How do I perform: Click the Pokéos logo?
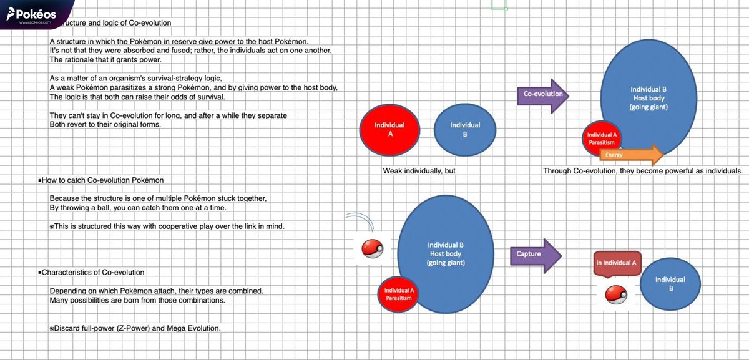[31, 15]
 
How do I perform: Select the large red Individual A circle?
[389, 130]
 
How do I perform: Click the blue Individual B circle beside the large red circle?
[465, 130]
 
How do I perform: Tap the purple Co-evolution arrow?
[543, 96]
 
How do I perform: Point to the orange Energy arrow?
[631, 155]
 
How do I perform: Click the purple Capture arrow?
[536, 256]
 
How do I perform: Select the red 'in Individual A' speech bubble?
[617, 264]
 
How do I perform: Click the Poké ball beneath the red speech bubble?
[616, 294]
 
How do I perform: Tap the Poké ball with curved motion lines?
[372, 248]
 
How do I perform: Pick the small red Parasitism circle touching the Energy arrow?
[601, 139]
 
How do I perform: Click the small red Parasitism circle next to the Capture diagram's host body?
[398, 294]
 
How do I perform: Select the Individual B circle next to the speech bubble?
[670, 284]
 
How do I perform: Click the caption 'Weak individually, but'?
[419, 171]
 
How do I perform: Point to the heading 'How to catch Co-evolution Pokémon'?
[101, 180]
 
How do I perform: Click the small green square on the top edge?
[499, 5]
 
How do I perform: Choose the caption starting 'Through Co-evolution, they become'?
[643, 171]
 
